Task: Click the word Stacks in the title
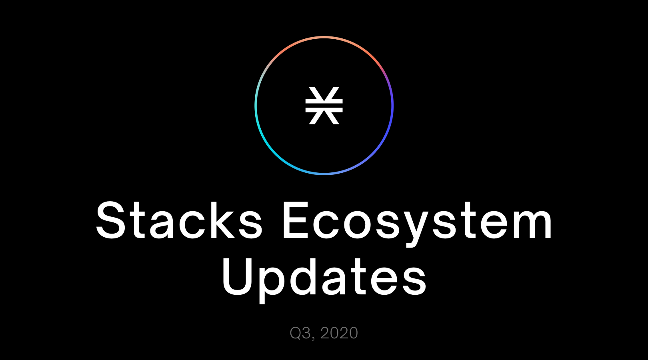click(179, 220)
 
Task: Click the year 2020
click(339, 333)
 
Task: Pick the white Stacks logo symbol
click(324, 105)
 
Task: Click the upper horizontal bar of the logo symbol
click(324, 101)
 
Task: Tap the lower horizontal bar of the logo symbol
click(324, 110)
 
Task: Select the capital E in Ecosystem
click(295, 220)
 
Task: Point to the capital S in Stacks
click(111, 220)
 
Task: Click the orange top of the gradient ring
click(324, 37)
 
